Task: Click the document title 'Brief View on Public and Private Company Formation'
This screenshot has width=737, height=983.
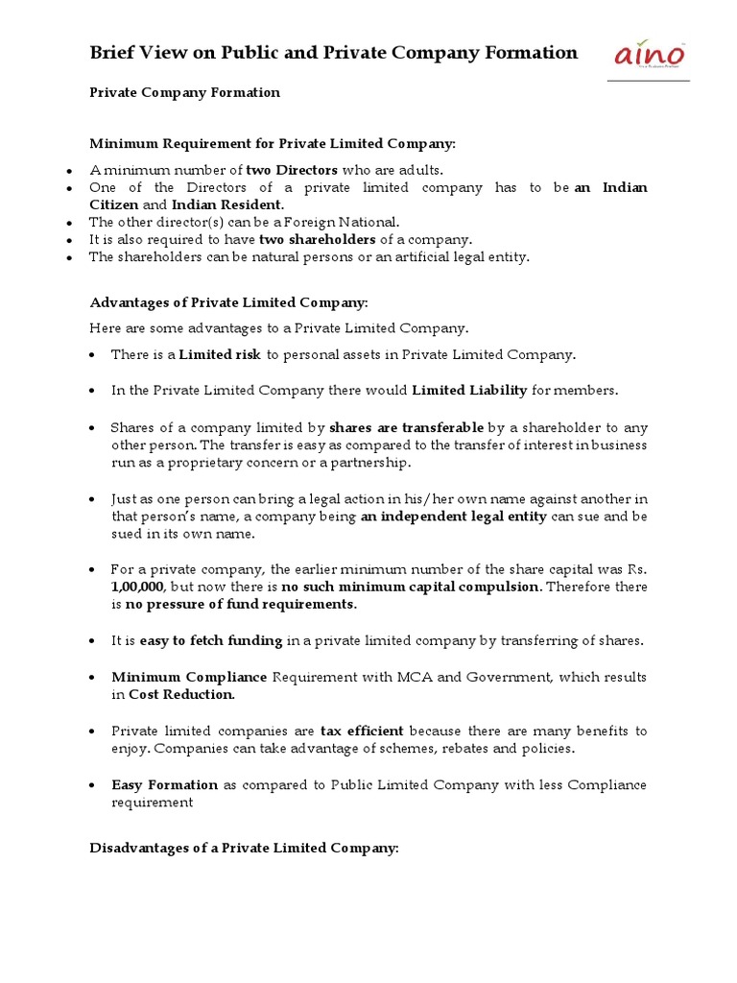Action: coord(333,53)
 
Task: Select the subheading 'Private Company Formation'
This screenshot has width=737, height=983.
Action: coord(184,93)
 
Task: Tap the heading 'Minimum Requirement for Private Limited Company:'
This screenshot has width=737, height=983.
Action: coord(273,144)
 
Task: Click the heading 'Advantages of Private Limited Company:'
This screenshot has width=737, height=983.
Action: coord(228,302)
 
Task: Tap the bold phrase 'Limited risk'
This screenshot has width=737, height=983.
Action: coord(220,355)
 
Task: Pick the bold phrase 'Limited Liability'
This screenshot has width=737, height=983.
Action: coord(469,390)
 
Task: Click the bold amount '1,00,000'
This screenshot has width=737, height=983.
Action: coord(138,587)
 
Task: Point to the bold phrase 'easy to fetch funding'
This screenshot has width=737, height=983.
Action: coord(211,640)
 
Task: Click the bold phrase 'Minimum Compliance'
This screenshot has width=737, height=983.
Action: coord(189,677)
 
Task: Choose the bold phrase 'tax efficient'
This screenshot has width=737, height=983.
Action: coord(362,731)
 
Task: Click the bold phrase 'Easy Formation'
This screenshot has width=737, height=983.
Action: coord(164,785)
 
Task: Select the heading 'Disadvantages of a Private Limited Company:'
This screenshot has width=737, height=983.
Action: coord(244,848)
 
